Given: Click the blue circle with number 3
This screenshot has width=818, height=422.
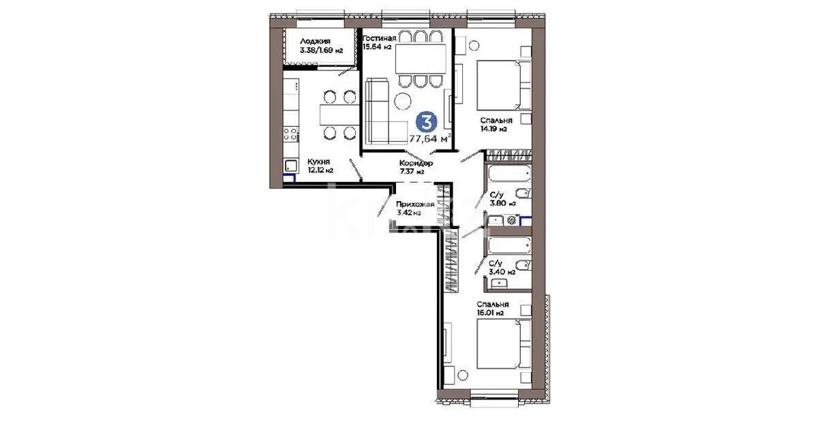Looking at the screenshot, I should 427,123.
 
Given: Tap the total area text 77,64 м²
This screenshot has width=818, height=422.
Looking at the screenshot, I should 429,139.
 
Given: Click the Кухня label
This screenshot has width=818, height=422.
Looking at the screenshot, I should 300,162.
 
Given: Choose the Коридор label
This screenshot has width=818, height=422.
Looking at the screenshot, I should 416,164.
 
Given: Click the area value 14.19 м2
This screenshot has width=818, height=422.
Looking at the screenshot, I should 492,129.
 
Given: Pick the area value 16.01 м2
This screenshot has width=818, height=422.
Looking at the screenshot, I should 490,314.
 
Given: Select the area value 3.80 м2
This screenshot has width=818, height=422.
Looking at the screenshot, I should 502,202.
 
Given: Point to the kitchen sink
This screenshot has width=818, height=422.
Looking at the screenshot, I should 291,165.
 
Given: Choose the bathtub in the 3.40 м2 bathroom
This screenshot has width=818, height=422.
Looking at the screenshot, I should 508,245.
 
